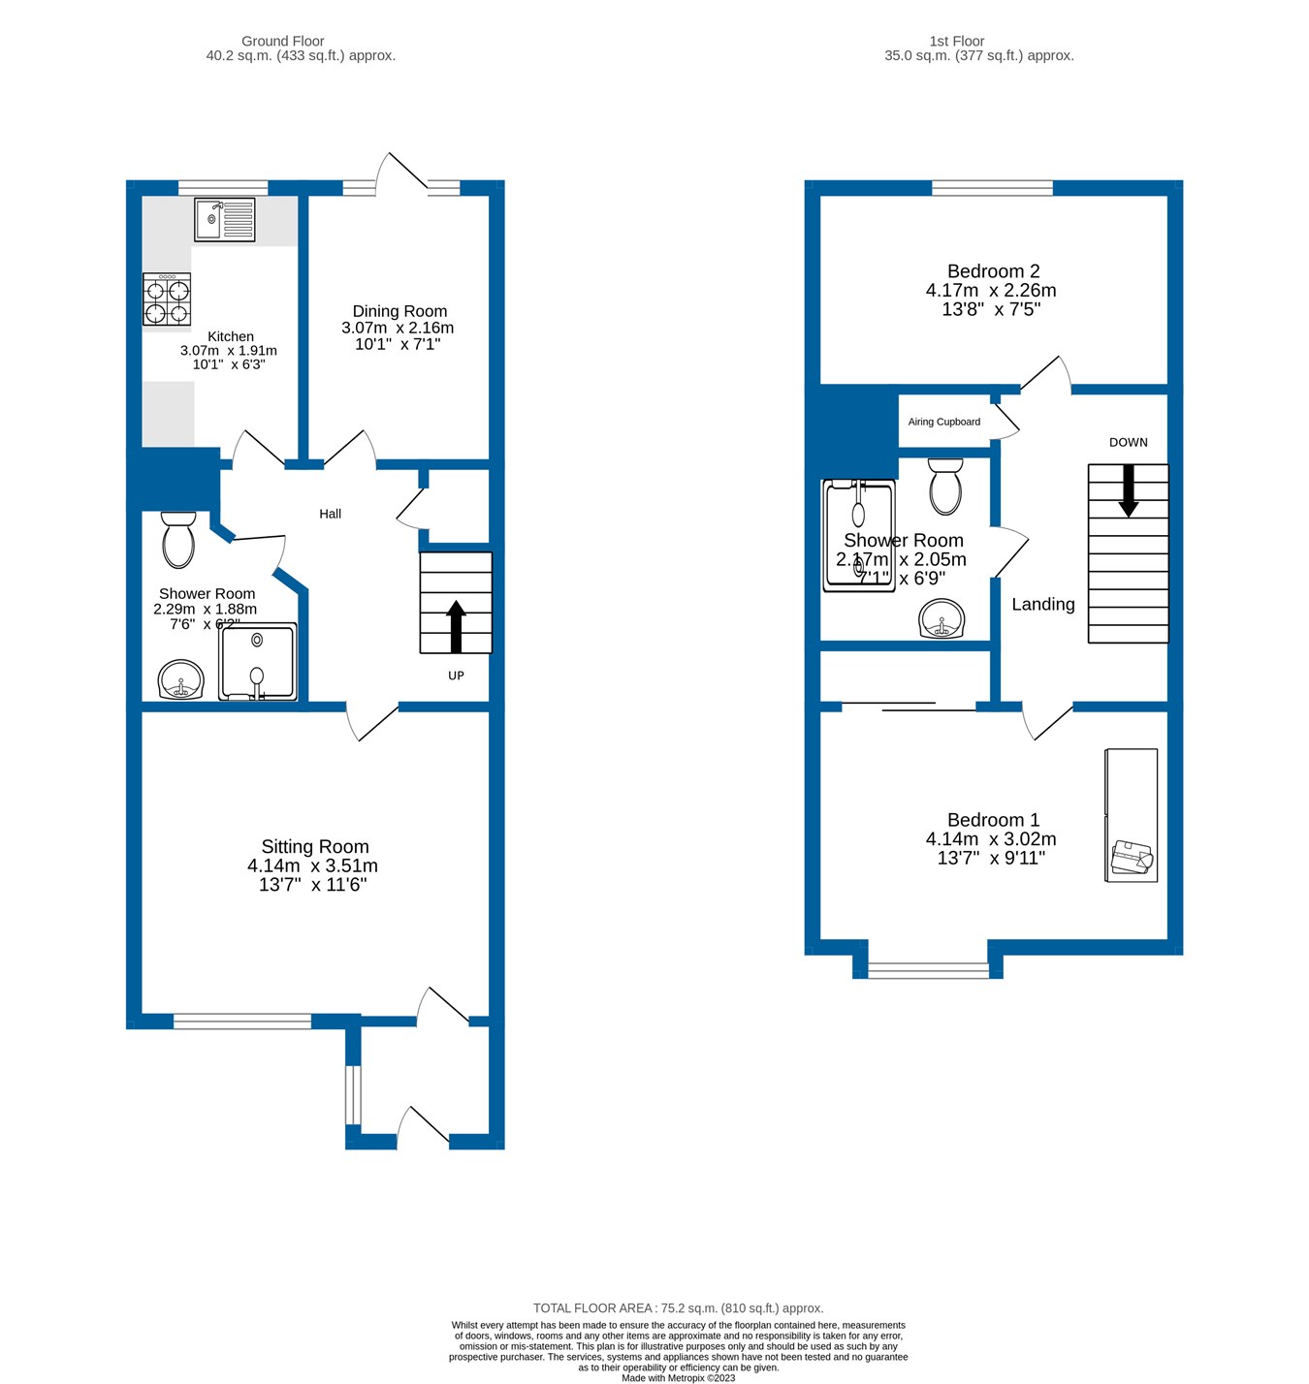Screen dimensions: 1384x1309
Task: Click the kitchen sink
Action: click(x=224, y=220)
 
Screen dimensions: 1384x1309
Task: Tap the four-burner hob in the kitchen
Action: click(x=167, y=299)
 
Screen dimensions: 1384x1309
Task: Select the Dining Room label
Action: click(x=399, y=311)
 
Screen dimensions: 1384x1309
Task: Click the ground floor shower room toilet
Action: click(x=178, y=541)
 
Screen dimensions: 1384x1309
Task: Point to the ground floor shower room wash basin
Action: click(x=180, y=680)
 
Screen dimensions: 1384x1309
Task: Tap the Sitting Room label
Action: click(x=314, y=847)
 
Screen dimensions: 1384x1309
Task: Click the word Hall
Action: click(x=330, y=514)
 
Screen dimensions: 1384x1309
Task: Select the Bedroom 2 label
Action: click(x=993, y=271)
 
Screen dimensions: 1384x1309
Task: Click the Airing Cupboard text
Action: click(x=943, y=422)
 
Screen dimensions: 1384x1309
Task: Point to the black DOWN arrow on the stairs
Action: click(x=1129, y=490)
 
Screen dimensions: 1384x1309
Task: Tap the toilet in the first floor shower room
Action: click(x=945, y=487)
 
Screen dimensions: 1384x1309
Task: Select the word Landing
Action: click(x=1042, y=605)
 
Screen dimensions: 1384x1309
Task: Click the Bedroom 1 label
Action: click(x=993, y=820)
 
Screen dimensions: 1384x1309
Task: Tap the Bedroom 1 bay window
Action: click(x=928, y=969)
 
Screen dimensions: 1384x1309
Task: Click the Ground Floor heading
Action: click(x=282, y=41)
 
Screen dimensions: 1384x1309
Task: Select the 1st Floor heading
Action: click(x=956, y=41)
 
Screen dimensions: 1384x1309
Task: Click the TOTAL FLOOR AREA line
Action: click(x=678, y=1308)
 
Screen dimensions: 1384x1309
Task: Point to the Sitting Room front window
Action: click(x=242, y=1021)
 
